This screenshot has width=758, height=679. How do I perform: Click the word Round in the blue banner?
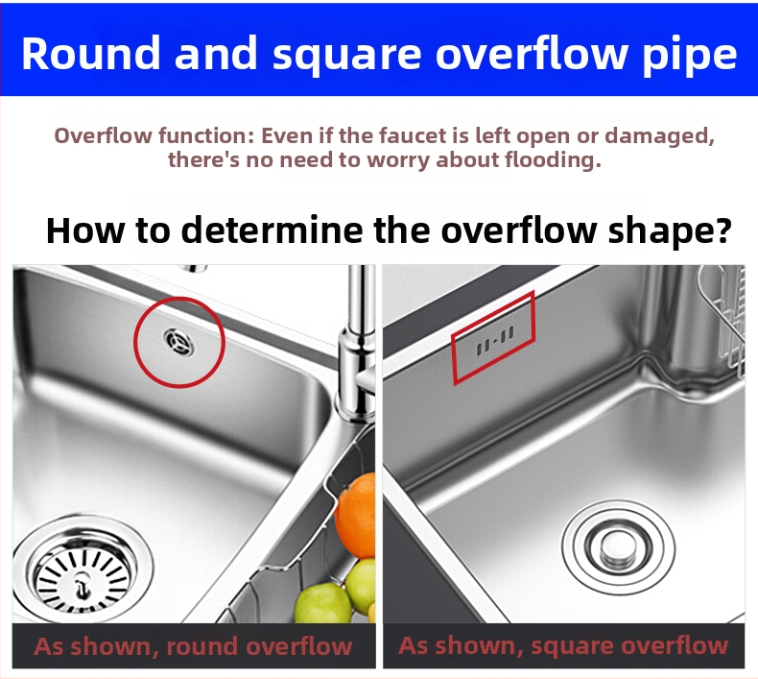(x=90, y=53)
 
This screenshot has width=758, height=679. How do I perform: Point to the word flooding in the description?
(x=553, y=159)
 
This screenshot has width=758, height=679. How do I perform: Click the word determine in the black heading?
(x=272, y=230)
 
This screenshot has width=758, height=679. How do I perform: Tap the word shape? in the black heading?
(x=670, y=232)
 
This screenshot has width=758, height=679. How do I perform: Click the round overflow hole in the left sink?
(x=178, y=341)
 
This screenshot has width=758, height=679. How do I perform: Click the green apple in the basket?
(x=323, y=602)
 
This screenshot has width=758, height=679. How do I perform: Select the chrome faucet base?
(x=357, y=373)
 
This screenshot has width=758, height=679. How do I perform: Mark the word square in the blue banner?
(x=347, y=57)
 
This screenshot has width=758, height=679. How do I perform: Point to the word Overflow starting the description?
(x=103, y=135)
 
